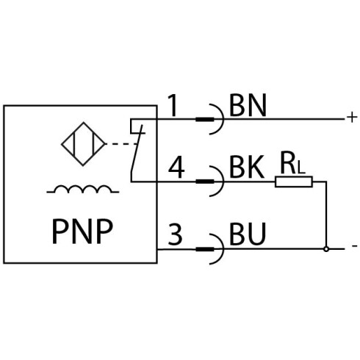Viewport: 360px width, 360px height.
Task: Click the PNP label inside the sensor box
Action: [x=82, y=231]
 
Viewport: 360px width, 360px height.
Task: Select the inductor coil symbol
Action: [x=83, y=190]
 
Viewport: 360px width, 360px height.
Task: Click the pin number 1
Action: [x=173, y=105]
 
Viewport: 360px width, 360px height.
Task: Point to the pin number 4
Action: [x=176, y=168]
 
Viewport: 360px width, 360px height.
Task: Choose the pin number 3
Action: [x=176, y=234]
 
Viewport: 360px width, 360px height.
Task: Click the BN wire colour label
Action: [x=248, y=106]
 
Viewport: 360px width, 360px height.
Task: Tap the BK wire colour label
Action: [x=247, y=168]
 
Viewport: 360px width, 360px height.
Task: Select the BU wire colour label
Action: [x=248, y=234]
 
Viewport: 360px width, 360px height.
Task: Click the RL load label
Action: [x=293, y=163]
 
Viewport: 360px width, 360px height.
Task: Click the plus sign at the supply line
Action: [x=352, y=118]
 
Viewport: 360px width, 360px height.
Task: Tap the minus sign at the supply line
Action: [x=354, y=245]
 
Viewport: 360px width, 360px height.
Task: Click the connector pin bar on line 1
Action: [x=205, y=120]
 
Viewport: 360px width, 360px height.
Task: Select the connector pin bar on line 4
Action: [x=205, y=181]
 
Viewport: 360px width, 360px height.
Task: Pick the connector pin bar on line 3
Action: [x=205, y=249]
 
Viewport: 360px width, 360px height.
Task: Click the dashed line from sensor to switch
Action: [x=120, y=144]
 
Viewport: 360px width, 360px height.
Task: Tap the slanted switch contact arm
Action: [x=137, y=148]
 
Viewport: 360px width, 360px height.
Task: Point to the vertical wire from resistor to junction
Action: [x=326, y=214]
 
